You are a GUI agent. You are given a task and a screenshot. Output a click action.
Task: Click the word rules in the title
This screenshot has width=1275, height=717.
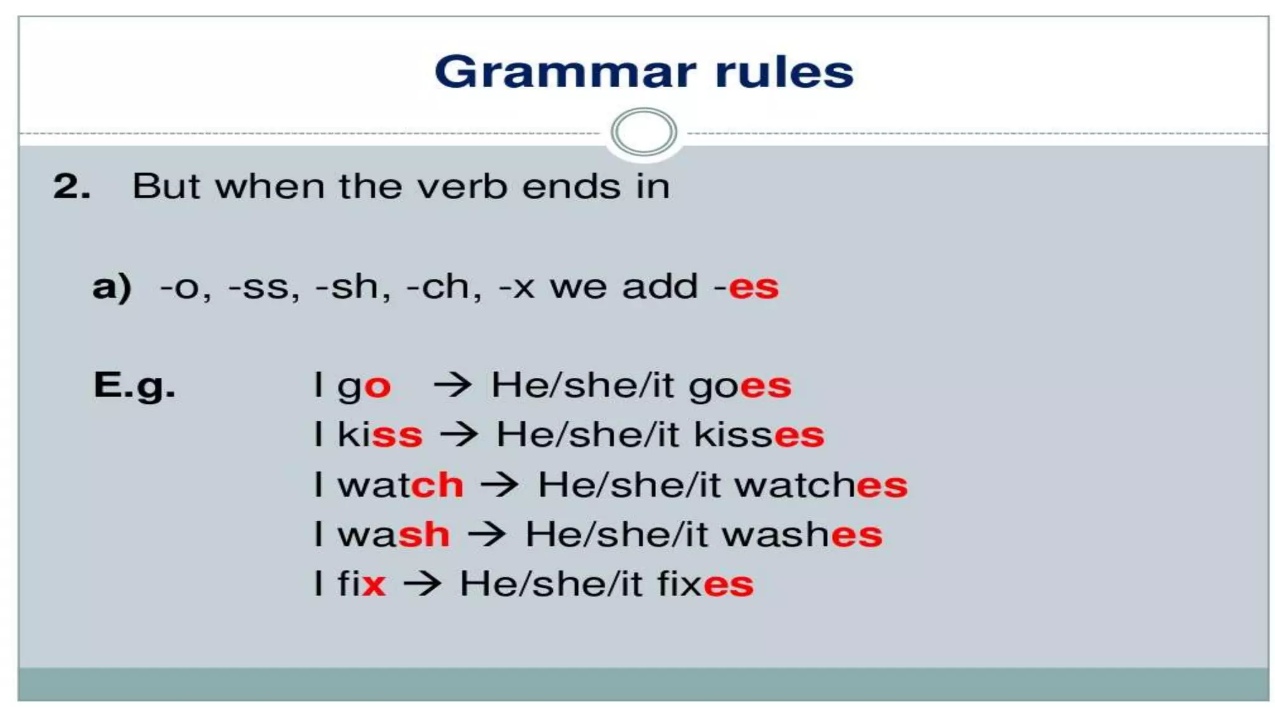coord(784,72)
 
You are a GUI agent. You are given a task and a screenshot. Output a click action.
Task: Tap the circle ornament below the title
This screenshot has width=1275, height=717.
coord(644,132)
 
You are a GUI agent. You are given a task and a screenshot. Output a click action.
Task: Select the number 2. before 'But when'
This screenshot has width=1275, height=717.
coord(72,186)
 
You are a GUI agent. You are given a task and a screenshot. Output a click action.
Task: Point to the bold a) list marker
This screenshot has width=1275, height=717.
coord(112,287)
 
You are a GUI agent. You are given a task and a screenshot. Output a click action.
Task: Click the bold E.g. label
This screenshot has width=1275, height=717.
coord(134,385)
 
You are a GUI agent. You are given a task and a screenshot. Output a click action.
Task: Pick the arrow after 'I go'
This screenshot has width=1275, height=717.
coord(453,385)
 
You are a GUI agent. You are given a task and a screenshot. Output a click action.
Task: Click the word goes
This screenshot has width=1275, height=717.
coord(740,386)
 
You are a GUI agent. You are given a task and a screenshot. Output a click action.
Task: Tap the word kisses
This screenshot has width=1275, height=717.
coord(759,434)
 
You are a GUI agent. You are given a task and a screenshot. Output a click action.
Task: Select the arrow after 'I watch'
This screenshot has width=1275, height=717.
coord(499,484)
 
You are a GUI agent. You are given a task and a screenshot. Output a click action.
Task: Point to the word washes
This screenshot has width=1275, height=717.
coord(802,534)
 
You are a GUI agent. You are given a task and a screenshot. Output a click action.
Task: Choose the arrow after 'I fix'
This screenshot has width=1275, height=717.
coord(422,584)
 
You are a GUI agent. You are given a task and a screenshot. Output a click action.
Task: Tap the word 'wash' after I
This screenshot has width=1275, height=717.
coord(393,534)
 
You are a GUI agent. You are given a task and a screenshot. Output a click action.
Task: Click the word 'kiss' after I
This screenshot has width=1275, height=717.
coord(380,434)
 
